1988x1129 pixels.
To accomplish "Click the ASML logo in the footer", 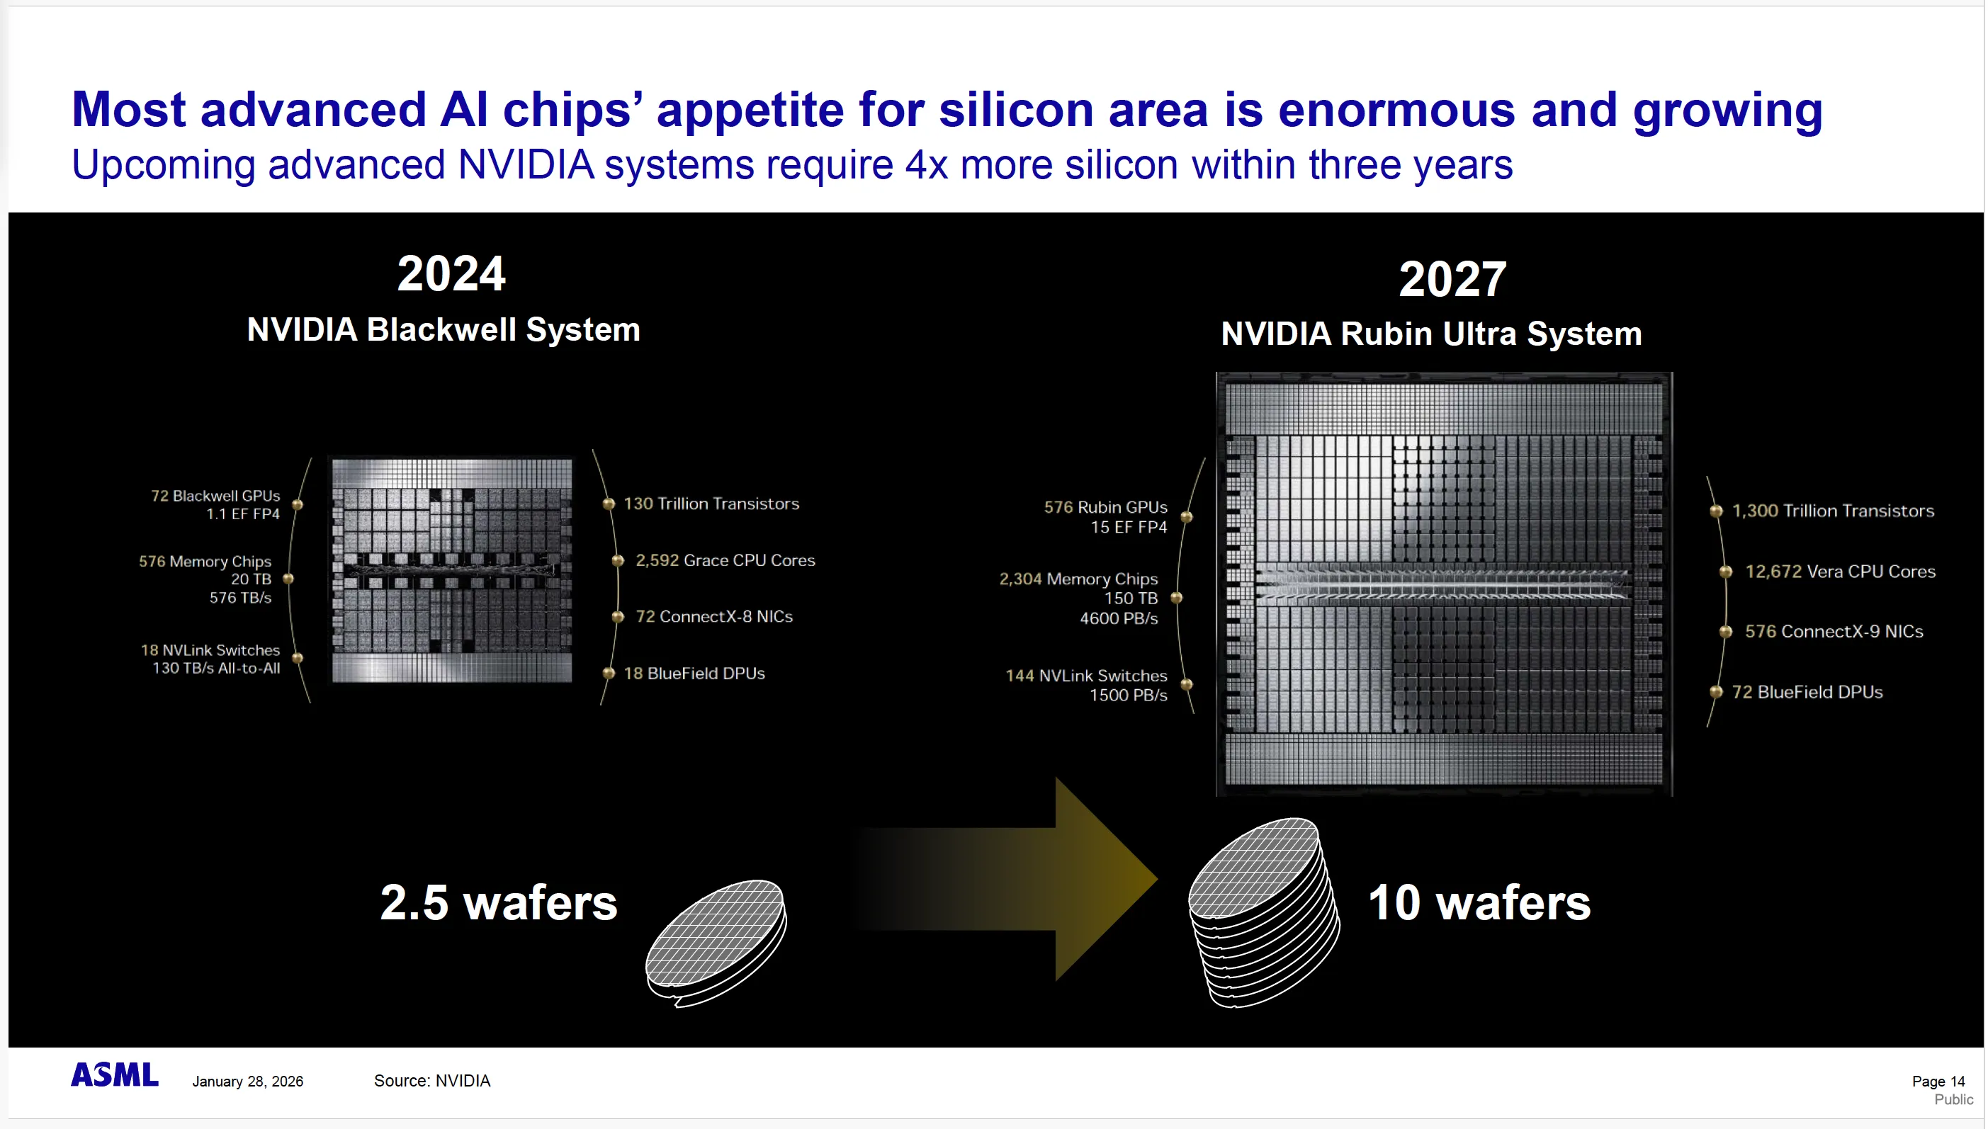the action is click(115, 1074).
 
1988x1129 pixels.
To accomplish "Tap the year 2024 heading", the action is click(451, 273).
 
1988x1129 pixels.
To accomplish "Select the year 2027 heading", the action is click(1453, 279).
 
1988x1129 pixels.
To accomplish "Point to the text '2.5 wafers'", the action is click(499, 902).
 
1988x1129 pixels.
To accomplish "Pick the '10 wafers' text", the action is click(1479, 902).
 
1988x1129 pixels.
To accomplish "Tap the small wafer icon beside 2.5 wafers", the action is click(716, 943).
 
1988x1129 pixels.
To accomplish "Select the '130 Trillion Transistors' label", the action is click(711, 504).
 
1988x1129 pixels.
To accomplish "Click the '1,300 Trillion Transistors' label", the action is click(1833, 511).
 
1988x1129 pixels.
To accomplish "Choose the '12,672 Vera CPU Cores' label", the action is click(1840, 572).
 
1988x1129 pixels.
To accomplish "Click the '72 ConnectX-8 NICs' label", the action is click(713, 616).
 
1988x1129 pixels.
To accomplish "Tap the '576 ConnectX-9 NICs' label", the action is click(1834, 631).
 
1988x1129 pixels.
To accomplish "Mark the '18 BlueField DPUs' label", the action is click(694, 674).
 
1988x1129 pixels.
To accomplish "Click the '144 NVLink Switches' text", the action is click(1086, 676).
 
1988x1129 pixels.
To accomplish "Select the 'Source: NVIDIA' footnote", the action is click(432, 1081).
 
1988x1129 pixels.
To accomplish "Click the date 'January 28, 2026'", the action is click(247, 1082).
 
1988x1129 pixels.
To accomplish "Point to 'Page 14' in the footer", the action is click(1938, 1081).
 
